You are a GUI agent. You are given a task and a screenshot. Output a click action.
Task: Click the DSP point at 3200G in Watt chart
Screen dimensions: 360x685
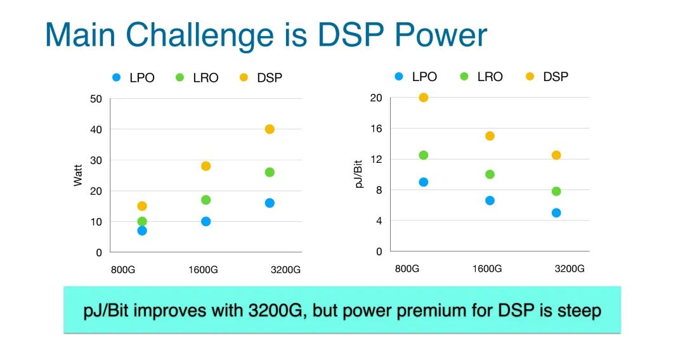[x=270, y=129]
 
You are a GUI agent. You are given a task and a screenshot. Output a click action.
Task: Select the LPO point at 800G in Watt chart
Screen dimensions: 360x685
[x=142, y=231]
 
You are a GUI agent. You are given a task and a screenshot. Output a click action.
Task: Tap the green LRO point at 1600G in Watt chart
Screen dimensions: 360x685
[x=205, y=200]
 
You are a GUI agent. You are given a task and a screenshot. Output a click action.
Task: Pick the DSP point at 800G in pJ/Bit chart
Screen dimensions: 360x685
[x=424, y=98]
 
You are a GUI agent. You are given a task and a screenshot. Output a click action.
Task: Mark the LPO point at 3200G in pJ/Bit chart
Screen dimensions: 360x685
[x=556, y=213]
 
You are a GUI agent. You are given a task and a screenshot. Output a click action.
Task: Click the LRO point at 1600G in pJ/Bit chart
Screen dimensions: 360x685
[x=490, y=174]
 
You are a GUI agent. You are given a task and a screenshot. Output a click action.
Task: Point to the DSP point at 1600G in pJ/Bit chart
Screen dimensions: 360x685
[x=490, y=136]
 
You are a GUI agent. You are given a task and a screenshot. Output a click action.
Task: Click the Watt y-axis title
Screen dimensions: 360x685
[x=78, y=176]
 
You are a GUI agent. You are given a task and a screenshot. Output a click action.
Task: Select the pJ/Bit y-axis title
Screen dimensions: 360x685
[x=359, y=174]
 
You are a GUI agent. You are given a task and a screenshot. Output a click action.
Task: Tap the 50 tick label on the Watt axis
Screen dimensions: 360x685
[x=96, y=99]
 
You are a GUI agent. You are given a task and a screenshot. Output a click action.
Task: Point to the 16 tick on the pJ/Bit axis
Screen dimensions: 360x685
[x=377, y=129]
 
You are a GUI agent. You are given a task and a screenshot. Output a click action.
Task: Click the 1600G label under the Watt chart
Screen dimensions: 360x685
[x=204, y=269]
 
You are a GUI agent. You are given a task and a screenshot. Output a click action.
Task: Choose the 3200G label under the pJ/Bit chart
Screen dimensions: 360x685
[x=570, y=269]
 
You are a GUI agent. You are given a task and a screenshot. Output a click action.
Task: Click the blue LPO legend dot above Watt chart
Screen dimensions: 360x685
[x=116, y=78]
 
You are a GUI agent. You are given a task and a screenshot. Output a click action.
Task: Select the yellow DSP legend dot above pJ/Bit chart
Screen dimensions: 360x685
[x=530, y=77]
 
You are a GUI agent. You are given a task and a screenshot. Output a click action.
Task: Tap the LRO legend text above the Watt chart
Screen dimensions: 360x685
[x=205, y=78]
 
